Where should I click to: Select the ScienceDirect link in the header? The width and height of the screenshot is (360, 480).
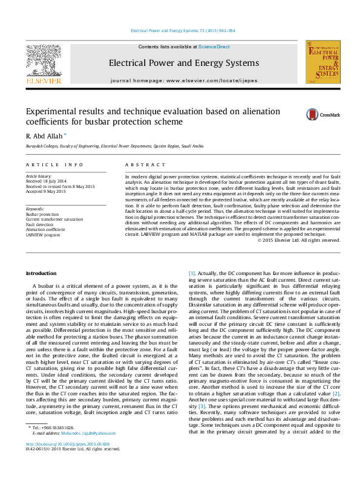214,47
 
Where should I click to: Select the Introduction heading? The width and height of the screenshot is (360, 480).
42,274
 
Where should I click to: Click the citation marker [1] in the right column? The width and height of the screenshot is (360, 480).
192,274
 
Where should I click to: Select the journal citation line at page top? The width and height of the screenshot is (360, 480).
183,31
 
